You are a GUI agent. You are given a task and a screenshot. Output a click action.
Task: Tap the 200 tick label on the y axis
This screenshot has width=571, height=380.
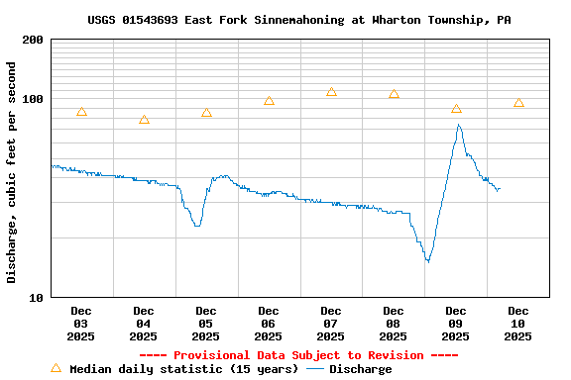(33, 41)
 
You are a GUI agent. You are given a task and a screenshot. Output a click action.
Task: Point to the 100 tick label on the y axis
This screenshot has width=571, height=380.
(33, 99)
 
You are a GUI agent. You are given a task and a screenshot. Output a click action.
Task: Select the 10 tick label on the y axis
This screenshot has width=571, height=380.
(37, 297)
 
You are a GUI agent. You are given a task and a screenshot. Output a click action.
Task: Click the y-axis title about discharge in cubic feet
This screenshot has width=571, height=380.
(12, 172)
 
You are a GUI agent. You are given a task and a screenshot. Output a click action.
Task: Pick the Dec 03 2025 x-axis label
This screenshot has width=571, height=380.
(81, 324)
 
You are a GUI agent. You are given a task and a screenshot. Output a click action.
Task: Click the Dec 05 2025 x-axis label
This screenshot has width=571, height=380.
(206, 324)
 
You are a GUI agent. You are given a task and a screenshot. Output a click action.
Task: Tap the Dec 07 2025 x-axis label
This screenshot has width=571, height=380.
(331, 324)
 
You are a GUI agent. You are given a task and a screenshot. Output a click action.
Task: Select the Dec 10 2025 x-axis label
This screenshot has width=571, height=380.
(518, 324)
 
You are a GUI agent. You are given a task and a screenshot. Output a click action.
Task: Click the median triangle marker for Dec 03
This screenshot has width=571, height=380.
(81, 112)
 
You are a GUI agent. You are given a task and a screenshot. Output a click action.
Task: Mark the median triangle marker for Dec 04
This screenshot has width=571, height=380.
(144, 120)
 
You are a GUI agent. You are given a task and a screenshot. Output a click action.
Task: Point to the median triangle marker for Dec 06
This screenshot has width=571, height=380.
(269, 101)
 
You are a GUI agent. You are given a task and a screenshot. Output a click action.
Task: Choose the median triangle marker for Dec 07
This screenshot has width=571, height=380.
(331, 92)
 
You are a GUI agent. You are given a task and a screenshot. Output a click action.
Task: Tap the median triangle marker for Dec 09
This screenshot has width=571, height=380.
(456, 109)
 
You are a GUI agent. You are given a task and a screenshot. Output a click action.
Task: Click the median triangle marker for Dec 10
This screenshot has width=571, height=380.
(518, 103)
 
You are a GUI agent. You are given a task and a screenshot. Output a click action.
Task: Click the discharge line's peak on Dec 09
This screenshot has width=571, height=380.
(458, 125)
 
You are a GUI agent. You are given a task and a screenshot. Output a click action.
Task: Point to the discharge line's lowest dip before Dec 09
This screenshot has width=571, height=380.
(427, 261)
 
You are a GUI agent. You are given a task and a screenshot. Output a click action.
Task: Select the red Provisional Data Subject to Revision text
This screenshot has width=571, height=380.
(298, 355)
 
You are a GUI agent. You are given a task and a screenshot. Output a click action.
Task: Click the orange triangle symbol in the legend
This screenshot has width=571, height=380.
(56, 368)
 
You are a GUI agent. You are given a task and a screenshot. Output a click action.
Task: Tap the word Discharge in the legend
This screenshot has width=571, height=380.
(360, 369)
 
